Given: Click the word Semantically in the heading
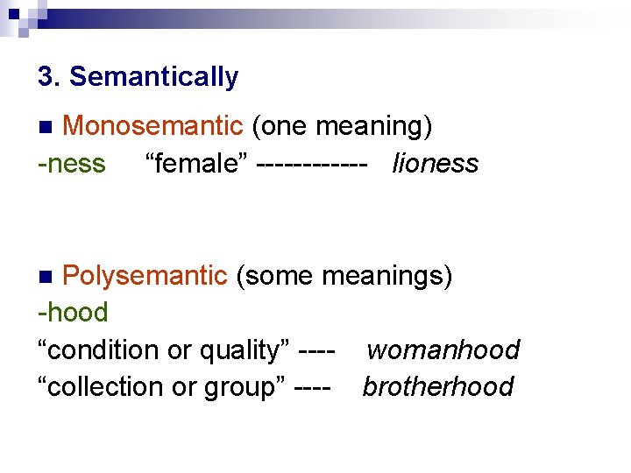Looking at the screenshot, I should tap(153, 77).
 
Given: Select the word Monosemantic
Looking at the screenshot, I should tap(152, 126).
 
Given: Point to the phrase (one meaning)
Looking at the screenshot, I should tap(342, 126).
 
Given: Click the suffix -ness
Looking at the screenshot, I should tap(71, 163).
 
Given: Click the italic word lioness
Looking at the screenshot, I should tap(435, 163).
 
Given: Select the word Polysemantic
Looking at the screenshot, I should tap(145, 276).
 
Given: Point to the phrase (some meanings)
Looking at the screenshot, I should tap(344, 276).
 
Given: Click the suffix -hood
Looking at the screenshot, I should tap(74, 312).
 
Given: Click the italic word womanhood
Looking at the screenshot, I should tap(443, 349).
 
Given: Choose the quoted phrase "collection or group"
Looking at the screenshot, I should tap(163, 386).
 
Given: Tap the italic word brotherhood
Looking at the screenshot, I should tap(437, 386).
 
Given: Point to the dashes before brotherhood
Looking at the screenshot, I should tap(315, 387).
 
